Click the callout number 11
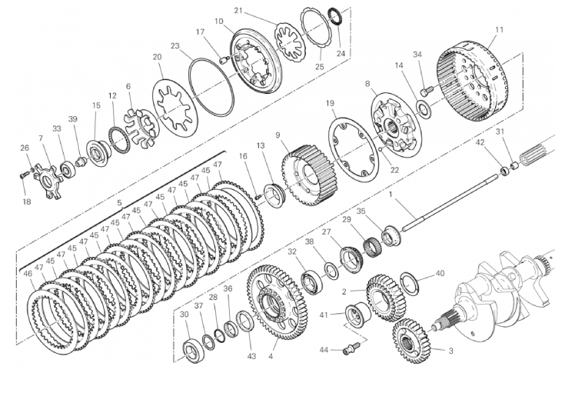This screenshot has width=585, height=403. pyautogui.click(x=500, y=29)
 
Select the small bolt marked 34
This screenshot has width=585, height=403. pyautogui.click(x=427, y=90)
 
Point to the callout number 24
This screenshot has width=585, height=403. pyautogui.click(x=341, y=53)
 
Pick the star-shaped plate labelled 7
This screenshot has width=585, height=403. pyautogui.click(x=48, y=182)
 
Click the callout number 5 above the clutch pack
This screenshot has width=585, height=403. pyautogui.click(x=119, y=203)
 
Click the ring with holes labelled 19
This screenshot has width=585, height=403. pyautogui.click(x=354, y=148)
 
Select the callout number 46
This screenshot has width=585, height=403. pyautogui.click(x=28, y=274)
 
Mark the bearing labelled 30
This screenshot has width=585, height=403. pyautogui.click(x=194, y=351)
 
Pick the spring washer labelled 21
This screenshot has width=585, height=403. pyautogui.click(x=291, y=41)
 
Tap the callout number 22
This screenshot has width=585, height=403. pyautogui.click(x=394, y=170)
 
